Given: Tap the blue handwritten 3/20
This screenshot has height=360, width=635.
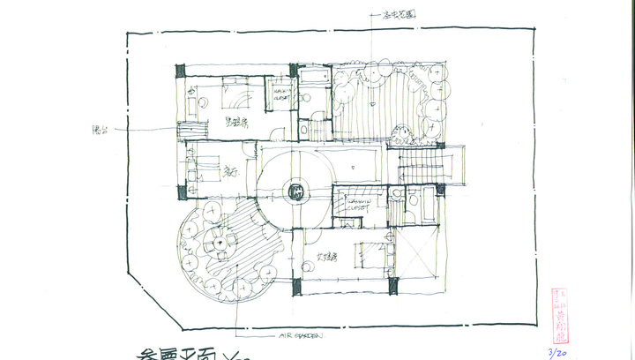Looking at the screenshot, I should [557, 351].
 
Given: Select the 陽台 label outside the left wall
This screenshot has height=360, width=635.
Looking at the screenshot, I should [100, 131].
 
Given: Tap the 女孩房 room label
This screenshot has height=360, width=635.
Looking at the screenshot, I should [330, 259].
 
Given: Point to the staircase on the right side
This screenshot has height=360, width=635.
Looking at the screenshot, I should [422, 164].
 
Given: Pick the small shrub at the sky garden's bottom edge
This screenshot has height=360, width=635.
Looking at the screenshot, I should [404, 137].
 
